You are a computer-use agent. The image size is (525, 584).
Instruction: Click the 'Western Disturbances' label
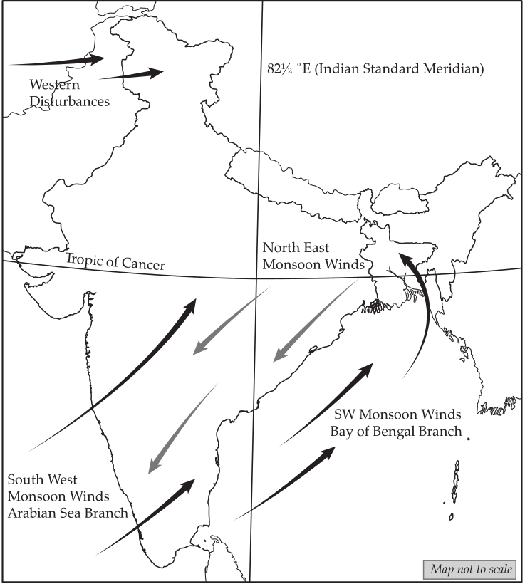click(69, 93)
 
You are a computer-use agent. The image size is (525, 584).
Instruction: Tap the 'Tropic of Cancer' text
click(115, 261)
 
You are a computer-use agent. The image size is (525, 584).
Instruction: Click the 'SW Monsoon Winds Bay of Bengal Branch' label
click(397, 423)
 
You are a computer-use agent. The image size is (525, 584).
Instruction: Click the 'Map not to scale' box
click(471, 570)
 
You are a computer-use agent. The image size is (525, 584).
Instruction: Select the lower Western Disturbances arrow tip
click(160, 72)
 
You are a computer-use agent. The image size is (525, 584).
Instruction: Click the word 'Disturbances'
click(69, 101)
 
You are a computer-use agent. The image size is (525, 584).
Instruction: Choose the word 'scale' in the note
click(496, 570)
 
